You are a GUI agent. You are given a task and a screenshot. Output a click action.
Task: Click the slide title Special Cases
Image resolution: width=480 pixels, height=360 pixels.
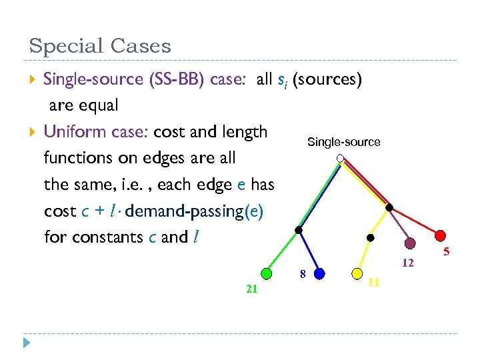100,46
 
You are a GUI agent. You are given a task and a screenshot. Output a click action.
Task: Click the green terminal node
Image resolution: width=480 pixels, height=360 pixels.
267,273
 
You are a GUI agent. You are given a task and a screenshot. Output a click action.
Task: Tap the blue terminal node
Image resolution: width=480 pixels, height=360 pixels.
319,273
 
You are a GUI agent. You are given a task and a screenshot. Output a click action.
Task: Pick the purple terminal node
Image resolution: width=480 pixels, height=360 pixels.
411,243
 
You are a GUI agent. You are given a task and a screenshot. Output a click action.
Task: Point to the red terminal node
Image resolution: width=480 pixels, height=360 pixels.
441,235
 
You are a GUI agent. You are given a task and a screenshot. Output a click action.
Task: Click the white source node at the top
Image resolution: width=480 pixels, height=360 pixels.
340,159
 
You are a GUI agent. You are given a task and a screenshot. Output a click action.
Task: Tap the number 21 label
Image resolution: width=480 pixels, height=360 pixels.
252,289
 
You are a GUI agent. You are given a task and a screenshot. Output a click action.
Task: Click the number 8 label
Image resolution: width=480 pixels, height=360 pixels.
302,273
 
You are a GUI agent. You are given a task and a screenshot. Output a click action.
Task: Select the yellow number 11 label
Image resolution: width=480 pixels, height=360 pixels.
374,282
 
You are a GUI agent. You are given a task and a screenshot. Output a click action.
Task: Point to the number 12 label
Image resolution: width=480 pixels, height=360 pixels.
408,263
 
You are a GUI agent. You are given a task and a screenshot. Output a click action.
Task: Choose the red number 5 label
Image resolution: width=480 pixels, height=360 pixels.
447,252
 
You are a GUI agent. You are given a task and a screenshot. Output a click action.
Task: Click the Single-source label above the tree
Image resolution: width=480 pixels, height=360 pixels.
343,142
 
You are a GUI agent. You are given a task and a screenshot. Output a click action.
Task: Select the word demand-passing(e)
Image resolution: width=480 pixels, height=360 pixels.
194,211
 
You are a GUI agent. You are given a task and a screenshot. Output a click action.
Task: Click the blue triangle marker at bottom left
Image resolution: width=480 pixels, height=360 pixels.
27,343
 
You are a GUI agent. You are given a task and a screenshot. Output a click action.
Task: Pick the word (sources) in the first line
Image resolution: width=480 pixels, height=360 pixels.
327,79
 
